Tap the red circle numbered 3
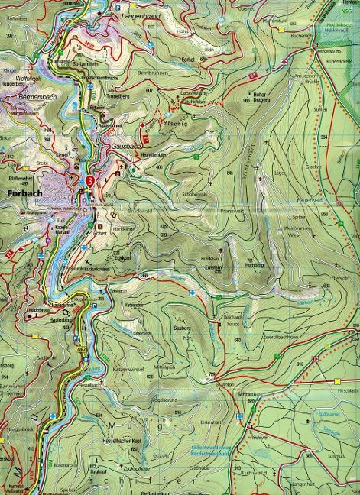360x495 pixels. (x=91, y=181)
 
